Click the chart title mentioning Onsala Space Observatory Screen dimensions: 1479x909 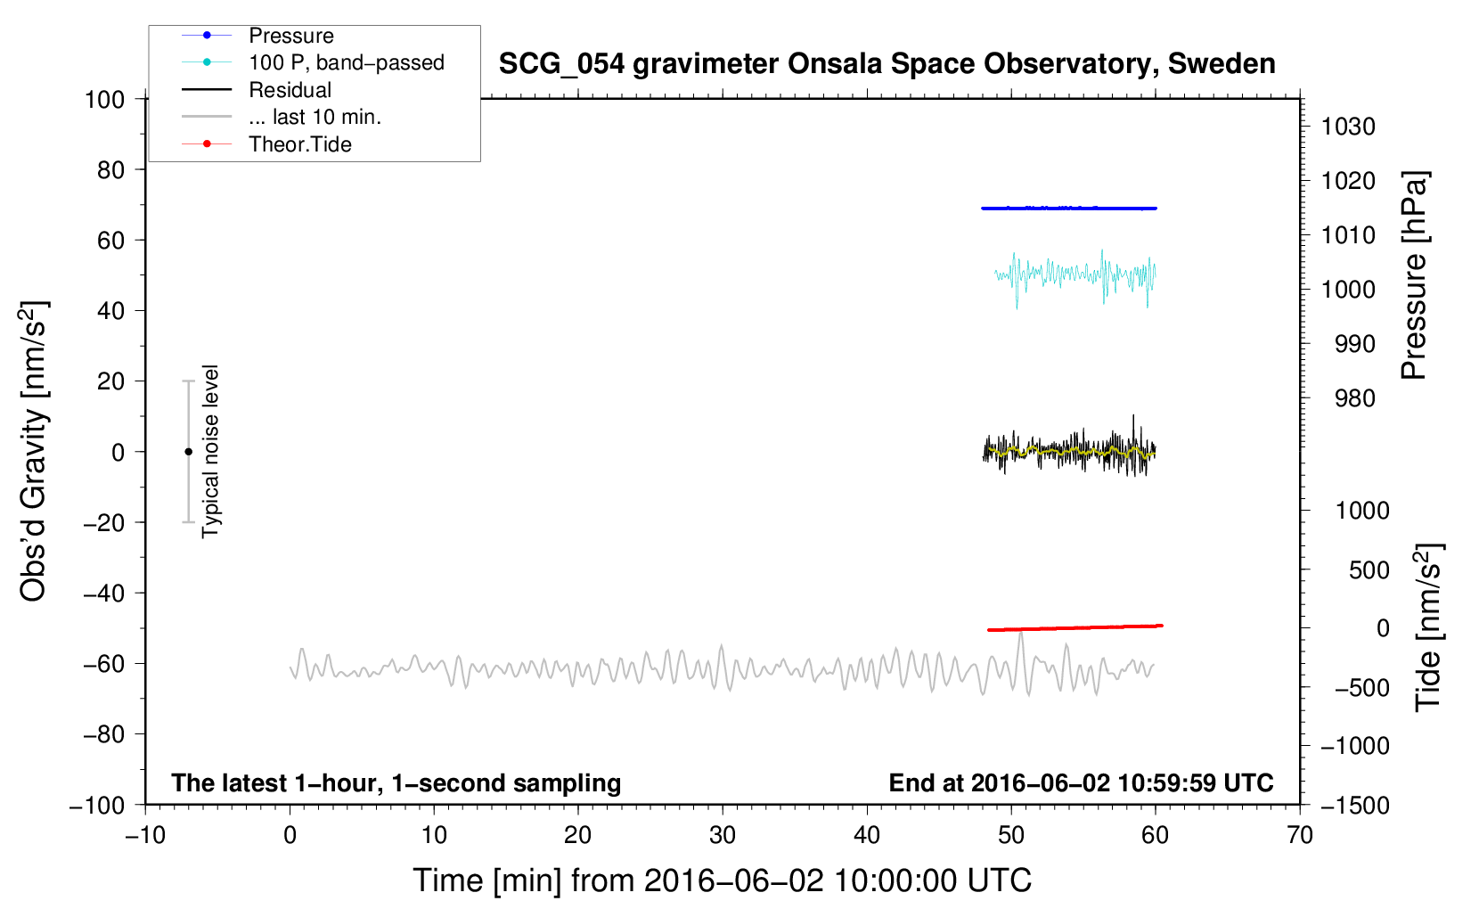click(x=887, y=64)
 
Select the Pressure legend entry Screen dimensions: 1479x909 click(x=258, y=35)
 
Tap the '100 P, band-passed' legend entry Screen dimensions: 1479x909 click(x=313, y=62)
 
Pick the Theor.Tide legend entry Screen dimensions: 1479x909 click(x=266, y=144)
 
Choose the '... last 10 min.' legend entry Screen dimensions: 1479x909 click(x=282, y=117)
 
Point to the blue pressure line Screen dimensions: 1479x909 click(x=1069, y=209)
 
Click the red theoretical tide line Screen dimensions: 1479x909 click(x=1075, y=627)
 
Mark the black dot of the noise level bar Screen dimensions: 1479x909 click(x=188, y=452)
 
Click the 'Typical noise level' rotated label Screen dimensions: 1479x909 click(x=210, y=451)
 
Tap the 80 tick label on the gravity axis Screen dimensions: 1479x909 click(x=110, y=170)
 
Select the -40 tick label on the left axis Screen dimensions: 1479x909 click(x=103, y=594)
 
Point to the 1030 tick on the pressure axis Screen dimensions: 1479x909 click(x=1348, y=127)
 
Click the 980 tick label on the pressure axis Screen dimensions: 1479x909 click(x=1355, y=398)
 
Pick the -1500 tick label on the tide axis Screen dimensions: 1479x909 click(x=1355, y=806)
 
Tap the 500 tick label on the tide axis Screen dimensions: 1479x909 click(x=1369, y=569)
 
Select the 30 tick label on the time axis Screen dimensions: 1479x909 click(x=723, y=836)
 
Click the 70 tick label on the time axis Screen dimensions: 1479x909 click(x=1300, y=836)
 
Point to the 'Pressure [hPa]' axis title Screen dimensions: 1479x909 click(x=1414, y=275)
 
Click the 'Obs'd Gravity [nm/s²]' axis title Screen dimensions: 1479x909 click(x=33, y=451)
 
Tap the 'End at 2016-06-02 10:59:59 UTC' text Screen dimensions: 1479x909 click(x=1081, y=782)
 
